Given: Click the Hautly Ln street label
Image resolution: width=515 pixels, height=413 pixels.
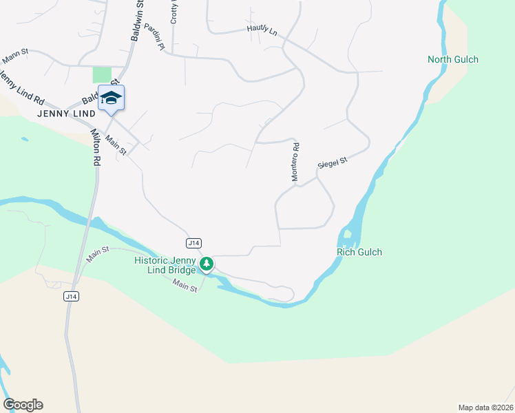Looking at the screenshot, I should coord(262,31).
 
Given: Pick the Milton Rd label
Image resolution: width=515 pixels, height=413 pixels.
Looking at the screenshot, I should coord(94,148).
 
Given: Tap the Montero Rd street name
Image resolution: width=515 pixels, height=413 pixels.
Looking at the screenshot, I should coord(295,162).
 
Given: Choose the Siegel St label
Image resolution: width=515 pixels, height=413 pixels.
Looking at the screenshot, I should coord(333,163).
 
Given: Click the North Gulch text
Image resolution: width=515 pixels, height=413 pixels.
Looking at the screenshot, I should coord(452,60).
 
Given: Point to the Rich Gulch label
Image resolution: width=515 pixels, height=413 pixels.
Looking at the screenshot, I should coord(359,253).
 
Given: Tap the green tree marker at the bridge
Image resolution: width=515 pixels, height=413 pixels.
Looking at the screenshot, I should coord(206,264).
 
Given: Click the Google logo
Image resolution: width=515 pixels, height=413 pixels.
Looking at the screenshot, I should coord(23,405).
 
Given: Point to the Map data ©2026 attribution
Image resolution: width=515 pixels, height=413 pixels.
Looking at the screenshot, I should coord(485,407).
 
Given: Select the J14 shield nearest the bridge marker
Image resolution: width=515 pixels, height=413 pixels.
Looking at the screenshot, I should coord(193,243).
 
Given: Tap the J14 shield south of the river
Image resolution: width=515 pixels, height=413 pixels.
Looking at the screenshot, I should coord(70,296).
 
